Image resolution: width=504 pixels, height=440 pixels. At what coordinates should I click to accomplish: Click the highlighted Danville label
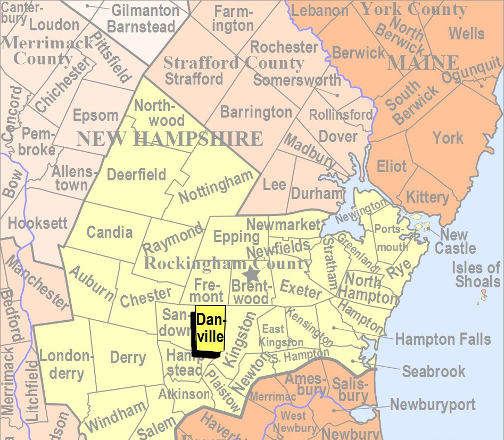[x=210, y=328]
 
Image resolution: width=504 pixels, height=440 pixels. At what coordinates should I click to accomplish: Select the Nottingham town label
[x=216, y=187]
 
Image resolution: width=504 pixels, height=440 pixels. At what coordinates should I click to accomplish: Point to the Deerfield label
[x=136, y=175]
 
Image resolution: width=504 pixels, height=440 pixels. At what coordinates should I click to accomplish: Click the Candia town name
[x=109, y=232]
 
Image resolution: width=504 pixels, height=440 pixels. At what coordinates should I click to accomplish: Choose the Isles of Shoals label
[x=476, y=275]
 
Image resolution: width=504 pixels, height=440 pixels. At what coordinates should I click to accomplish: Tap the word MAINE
[x=423, y=63]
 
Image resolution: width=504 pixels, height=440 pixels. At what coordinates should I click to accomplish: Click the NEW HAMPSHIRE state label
[x=170, y=139]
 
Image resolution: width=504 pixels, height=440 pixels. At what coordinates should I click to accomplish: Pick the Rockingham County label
[x=228, y=263]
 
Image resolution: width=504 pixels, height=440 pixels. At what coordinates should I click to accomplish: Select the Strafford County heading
[x=234, y=63]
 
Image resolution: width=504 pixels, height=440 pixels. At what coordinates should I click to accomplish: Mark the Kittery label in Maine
[x=427, y=197]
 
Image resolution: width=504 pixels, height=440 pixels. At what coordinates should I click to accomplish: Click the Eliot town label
[x=392, y=167]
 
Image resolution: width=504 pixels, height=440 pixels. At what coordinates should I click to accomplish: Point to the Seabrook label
[x=434, y=371]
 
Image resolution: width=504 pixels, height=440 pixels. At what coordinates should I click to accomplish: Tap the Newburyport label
[x=433, y=404]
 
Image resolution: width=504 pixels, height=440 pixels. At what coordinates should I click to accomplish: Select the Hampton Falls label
[x=443, y=338]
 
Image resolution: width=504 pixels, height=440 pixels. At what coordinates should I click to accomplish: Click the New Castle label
[x=455, y=242]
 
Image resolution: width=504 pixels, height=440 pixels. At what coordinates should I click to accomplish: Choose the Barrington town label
[x=256, y=112]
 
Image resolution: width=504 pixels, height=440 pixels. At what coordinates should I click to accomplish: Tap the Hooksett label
[x=38, y=222]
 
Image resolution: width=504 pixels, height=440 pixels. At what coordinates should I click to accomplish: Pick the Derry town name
[x=128, y=357]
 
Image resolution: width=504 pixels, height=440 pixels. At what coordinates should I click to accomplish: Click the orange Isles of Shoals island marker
[x=483, y=292]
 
